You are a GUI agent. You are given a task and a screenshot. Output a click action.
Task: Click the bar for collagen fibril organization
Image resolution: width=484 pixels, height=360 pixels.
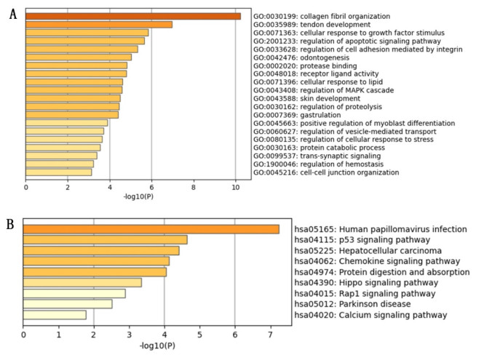(133, 16)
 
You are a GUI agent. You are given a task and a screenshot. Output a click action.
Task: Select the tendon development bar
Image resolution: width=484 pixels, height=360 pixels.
(99, 25)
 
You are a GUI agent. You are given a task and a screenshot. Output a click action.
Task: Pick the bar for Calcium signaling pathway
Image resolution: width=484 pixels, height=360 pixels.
(55, 315)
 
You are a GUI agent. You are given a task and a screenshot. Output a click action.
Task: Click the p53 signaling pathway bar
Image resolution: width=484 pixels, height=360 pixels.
(105, 240)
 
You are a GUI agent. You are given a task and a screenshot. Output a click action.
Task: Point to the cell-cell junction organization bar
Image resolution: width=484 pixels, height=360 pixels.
(59, 172)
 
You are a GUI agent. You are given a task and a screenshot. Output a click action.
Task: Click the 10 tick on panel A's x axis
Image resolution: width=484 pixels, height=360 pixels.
(234, 188)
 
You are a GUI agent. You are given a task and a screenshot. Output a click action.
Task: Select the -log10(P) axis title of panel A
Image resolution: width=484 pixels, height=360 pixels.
(138, 197)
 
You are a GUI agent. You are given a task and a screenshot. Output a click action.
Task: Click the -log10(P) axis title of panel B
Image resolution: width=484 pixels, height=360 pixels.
(157, 345)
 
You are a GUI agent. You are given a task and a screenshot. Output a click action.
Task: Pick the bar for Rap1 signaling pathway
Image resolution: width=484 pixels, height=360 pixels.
(74, 293)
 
